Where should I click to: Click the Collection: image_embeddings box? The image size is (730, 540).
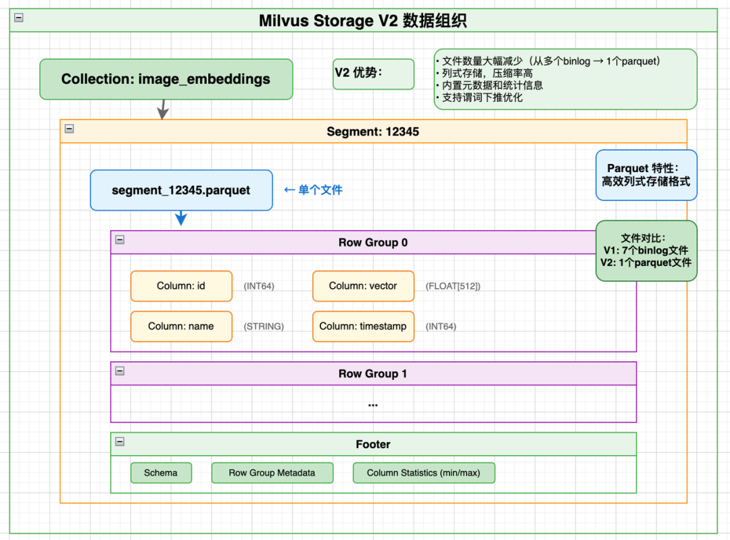click(166, 79)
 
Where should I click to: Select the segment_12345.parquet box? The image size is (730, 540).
click(181, 190)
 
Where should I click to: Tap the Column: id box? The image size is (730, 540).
click(181, 286)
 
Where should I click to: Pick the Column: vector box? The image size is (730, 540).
click(363, 286)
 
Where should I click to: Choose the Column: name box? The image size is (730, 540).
click(181, 326)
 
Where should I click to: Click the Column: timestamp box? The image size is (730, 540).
click(363, 326)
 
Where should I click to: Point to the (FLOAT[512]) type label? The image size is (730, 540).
click(453, 286)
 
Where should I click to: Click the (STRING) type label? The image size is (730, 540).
click(264, 327)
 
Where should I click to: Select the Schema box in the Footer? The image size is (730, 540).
click(161, 473)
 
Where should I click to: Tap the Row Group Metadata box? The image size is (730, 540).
click(272, 473)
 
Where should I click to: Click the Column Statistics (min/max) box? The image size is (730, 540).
click(424, 473)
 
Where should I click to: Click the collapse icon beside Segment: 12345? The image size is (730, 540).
click(69, 128)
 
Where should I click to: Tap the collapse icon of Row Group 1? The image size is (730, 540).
click(120, 371)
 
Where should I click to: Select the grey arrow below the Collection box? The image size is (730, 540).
click(162, 109)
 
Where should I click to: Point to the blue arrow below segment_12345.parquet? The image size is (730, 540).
click(180, 219)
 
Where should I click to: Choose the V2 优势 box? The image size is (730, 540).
click(374, 74)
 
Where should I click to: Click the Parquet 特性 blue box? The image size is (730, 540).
click(646, 175)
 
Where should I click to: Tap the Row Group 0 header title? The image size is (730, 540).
click(372, 242)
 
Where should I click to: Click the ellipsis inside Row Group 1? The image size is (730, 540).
click(372, 404)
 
